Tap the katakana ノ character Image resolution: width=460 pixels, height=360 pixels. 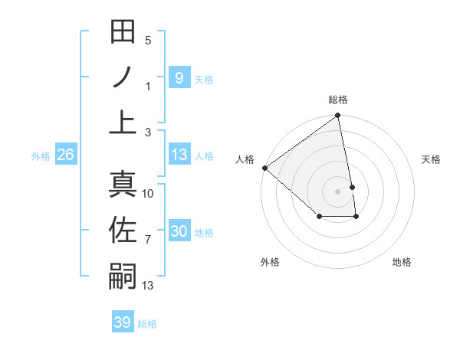[123, 77]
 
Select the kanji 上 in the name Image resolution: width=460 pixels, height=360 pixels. [123, 123]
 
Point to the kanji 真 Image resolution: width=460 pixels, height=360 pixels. [123, 185]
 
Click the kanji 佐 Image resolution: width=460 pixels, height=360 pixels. [123, 230]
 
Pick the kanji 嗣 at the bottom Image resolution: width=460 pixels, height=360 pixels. [123, 276]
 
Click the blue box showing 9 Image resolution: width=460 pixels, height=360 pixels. [179, 77]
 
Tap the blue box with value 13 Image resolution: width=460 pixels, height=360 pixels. [179, 155]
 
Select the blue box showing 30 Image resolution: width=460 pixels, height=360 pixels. [179, 231]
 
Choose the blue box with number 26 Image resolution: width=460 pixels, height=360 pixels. [65, 155]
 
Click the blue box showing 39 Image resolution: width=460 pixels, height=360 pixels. [122, 322]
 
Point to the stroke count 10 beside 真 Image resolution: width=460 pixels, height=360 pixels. [148, 194]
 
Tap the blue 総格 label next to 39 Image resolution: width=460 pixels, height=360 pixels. [147, 324]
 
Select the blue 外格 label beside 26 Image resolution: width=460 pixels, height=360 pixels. [41, 156]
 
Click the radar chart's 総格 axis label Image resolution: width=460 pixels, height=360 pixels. [338, 100]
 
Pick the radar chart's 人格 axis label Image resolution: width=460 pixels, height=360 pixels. [245, 159]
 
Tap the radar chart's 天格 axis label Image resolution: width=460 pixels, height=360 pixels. [431, 159]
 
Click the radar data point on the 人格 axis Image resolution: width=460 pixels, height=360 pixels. [264, 168]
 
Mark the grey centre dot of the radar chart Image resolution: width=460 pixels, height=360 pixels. [337, 191]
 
